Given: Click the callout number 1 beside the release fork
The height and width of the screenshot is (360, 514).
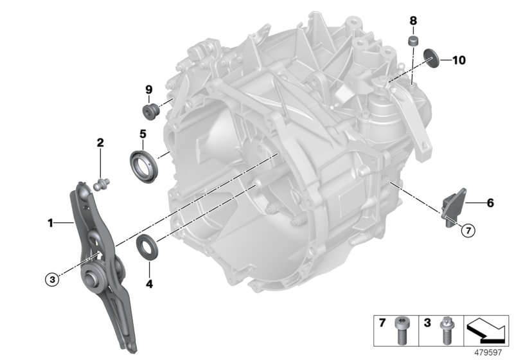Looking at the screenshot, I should [50, 223].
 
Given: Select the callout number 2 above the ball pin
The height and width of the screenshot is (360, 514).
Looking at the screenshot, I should [100, 142].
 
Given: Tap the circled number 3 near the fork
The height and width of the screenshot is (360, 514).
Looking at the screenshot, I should [52, 278].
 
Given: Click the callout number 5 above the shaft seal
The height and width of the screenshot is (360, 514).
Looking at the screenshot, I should [143, 135].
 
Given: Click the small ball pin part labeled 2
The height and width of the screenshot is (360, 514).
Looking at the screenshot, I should [100, 184].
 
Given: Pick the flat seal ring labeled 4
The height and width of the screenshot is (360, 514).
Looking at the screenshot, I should [147, 248].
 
